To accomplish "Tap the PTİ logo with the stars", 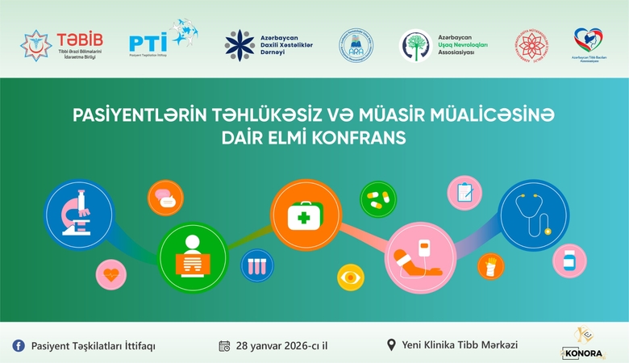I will [162, 40].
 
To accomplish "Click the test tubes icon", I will [256, 264].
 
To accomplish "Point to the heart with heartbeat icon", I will [111, 274].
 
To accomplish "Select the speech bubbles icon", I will [164, 198].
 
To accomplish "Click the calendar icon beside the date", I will [225, 345].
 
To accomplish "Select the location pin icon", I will [392, 345].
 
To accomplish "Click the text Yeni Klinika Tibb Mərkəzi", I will [459, 345].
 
